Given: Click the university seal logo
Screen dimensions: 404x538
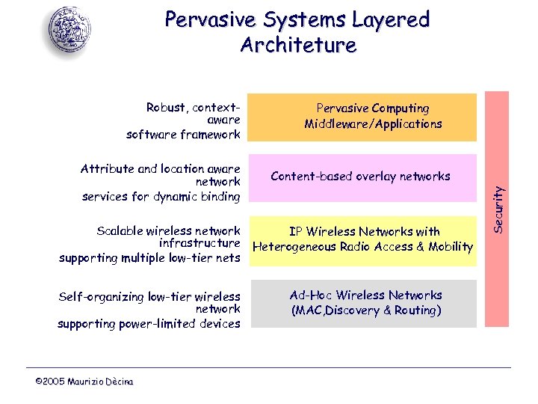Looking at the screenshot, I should pos(70,31).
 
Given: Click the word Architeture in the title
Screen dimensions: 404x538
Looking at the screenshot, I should pos(298,45).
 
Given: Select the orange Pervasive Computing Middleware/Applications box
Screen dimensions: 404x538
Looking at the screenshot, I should pos(373,117).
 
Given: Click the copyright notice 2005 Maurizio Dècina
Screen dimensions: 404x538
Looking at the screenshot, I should pos(84,382).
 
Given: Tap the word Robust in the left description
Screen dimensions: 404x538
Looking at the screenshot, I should pos(168,108).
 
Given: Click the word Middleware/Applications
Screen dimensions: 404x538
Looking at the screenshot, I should pos(373,124).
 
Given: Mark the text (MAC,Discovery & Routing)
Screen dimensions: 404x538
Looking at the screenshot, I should pos(365,310).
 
